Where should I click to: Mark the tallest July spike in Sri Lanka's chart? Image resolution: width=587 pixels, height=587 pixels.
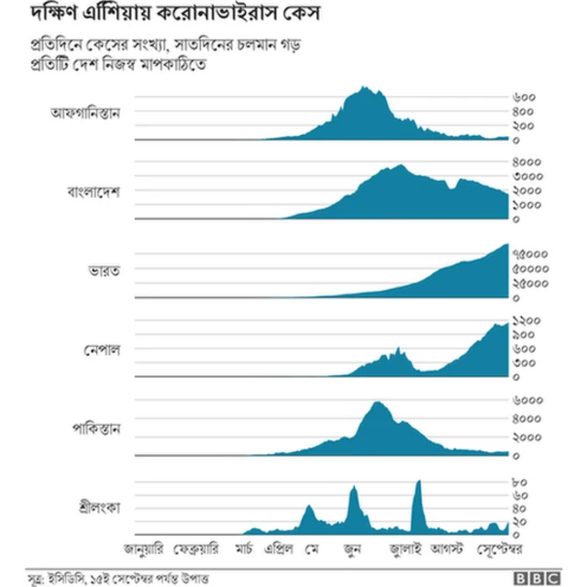(x=418, y=482)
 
